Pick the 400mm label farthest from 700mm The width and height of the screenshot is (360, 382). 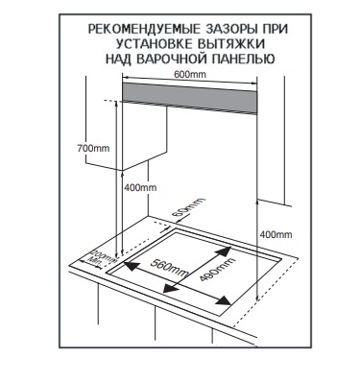point(276,234)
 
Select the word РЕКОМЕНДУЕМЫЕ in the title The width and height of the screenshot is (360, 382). point(143,30)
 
